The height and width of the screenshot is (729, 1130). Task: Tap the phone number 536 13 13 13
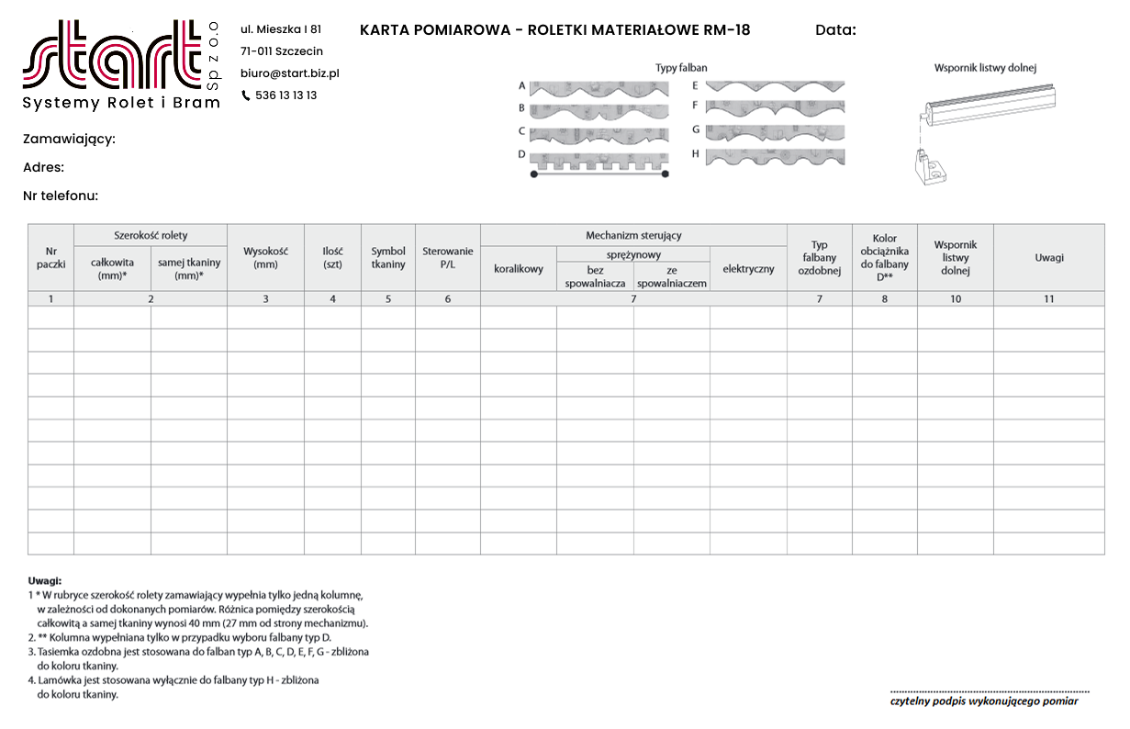click(x=285, y=95)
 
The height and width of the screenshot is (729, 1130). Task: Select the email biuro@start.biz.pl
click(x=290, y=73)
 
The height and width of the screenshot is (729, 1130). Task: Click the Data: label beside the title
click(x=835, y=30)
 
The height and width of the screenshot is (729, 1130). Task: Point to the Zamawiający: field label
click(x=69, y=140)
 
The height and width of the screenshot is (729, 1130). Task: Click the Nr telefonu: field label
click(x=61, y=196)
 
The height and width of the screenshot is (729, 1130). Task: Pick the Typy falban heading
click(x=681, y=68)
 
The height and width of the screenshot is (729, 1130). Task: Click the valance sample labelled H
click(x=775, y=156)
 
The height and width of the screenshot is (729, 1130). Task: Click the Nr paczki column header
click(x=50, y=257)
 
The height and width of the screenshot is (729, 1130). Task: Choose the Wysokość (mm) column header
click(x=265, y=257)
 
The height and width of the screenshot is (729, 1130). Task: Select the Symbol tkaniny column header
click(x=387, y=257)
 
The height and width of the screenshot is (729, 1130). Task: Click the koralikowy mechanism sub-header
click(x=518, y=269)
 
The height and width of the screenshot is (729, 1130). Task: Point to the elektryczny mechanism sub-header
click(x=748, y=269)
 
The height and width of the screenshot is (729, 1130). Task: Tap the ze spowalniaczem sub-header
click(x=672, y=276)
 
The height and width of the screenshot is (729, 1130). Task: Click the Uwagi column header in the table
click(x=1048, y=257)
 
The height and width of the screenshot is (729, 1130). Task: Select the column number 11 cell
click(x=1048, y=298)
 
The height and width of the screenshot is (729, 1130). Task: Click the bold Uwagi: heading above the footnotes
click(x=44, y=581)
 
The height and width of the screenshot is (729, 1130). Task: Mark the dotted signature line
click(x=990, y=690)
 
